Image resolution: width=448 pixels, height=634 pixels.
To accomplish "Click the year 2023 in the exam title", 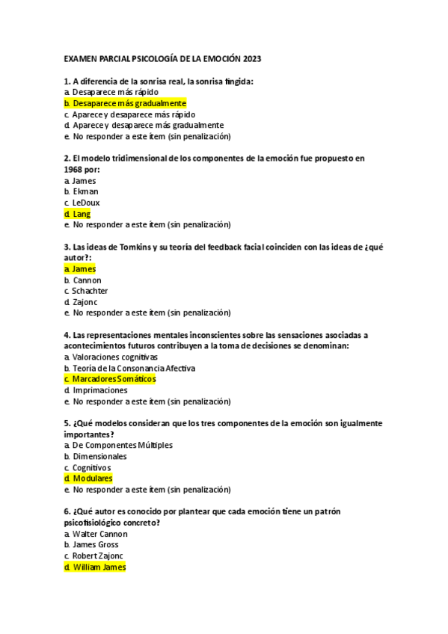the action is pos(251,58).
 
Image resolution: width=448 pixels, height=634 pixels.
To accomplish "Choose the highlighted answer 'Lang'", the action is pos(82,214).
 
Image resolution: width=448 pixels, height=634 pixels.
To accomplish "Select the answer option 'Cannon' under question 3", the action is pos(87,280).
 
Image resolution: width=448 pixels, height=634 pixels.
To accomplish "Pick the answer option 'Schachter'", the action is pos(90,291).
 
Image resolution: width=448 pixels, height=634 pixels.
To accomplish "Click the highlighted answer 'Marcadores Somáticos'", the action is pos(114,379).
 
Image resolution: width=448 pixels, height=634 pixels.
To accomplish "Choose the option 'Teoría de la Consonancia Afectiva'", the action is pos(134,368).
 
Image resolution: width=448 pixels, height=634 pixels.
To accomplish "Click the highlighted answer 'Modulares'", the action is pos(93,478).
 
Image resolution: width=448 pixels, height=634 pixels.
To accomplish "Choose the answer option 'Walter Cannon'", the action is pos(100,534).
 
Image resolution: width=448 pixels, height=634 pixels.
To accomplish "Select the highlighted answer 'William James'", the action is pos(99,567).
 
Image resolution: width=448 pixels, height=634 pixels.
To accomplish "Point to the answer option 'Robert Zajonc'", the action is pos(99,556).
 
